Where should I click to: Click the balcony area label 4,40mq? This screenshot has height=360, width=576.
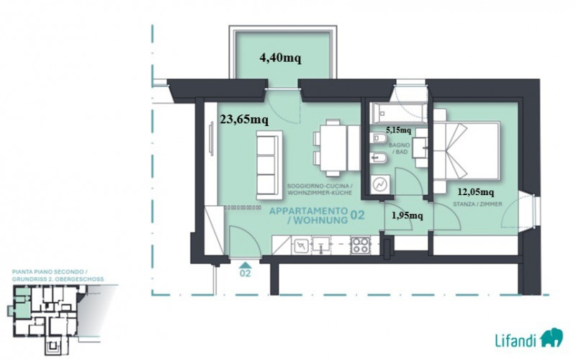pos(280,58)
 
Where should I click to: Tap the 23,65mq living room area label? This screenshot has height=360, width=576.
pos(244,120)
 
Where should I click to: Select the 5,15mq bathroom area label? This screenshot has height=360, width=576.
pos(399,130)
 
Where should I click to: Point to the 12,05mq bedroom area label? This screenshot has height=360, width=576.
pos(476,192)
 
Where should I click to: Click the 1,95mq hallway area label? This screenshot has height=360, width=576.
pos(407,215)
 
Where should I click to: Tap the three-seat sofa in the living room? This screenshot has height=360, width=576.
pos(269,165)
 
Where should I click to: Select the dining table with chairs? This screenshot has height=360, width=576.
pos(336,148)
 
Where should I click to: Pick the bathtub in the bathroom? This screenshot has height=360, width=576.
pos(399,114)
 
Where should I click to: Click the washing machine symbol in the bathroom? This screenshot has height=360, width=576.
pos(380,184)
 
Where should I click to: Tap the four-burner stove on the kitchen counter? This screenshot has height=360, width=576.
pos(360,246)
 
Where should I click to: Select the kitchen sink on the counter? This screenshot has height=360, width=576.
pos(320,245)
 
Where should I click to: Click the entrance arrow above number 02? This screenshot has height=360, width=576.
pos(245,265)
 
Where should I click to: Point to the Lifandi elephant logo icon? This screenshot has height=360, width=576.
pos(552,337)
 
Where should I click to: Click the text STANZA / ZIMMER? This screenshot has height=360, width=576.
pos(477,204)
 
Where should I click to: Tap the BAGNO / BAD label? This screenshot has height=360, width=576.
pos(400,148)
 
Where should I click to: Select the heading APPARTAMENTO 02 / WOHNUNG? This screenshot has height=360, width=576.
pos(317,215)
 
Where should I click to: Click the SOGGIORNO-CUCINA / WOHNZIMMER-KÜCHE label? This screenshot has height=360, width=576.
pos(320,189)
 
